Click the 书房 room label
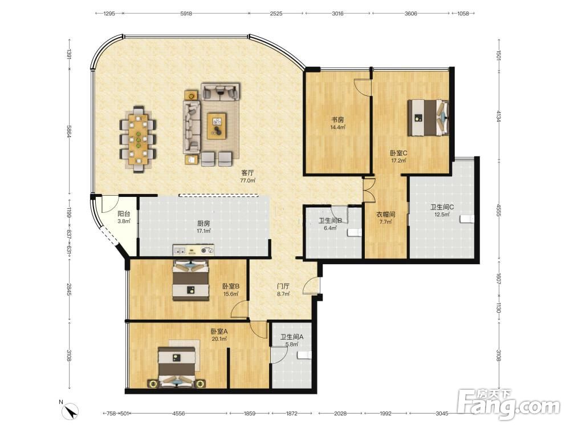(x=337, y=120)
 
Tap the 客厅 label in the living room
(x=247, y=173)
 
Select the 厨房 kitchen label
(x=203, y=224)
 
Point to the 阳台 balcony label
(x=124, y=214)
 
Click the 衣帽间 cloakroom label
(x=385, y=215)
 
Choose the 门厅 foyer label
(x=283, y=286)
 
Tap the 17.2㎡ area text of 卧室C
(x=398, y=160)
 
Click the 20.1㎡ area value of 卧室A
(x=219, y=339)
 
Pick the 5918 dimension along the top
(x=186, y=14)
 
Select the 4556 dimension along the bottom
(x=178, y=413)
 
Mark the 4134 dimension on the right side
(x=499, y=116)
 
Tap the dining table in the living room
(x=138, y=139)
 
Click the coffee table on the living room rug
(x=217, y=126)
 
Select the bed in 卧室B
(x=191, y=280)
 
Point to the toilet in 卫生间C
(x=467, y=219)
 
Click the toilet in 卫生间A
(x=304, y=355)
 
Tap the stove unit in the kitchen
(x=193, y=250)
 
